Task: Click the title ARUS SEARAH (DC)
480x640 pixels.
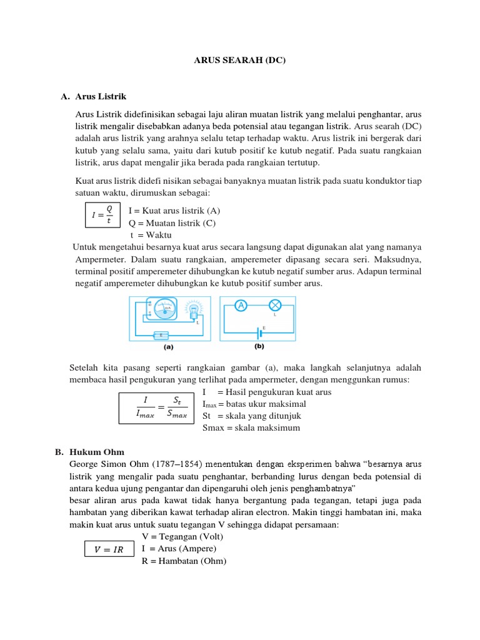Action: (x=240, y=61)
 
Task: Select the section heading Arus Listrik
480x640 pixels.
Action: (x=101, y=97)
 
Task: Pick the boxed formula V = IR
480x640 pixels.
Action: (x=109, y=549)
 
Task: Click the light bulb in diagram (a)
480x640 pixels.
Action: (x=194, y=310)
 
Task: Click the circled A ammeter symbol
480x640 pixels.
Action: (x=241, y=305)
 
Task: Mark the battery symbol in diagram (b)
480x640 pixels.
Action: (x=258, y=331)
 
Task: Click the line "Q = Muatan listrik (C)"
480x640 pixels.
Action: (x=172, y=223)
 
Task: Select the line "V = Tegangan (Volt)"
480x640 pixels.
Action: (x=182, y=537)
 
